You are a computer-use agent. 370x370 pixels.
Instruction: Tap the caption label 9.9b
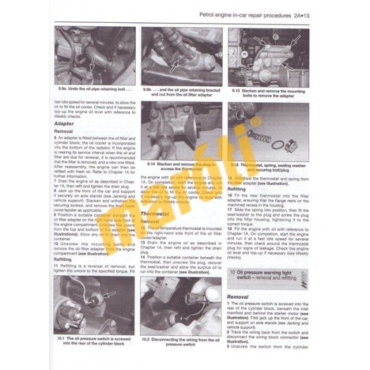tap(151, 89)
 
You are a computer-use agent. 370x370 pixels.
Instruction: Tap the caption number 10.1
tap(63, 338)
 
